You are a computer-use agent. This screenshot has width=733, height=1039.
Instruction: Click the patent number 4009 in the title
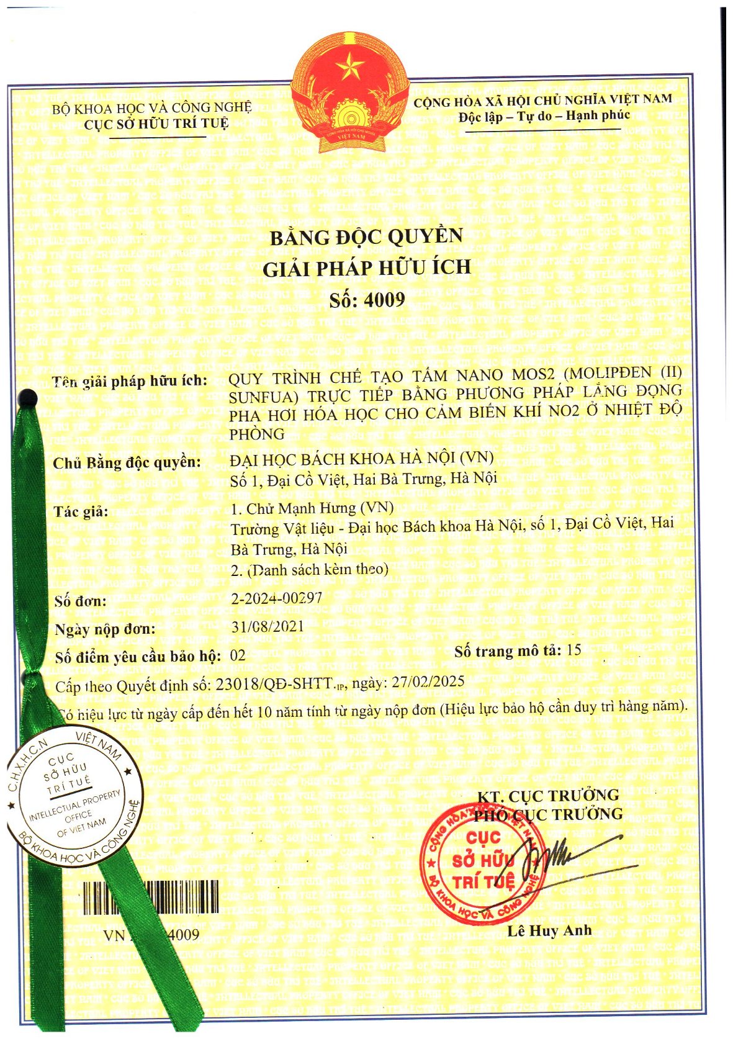[384, 300]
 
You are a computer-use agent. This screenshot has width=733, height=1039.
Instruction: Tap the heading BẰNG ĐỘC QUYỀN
[366, 237]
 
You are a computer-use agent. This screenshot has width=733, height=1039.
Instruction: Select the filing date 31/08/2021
[268, 626]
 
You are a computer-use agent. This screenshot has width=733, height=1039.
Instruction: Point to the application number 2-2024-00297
[276, 598]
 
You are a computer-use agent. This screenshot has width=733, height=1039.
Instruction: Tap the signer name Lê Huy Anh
[549, 931]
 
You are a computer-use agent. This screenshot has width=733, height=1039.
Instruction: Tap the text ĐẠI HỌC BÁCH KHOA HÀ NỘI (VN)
[361, 458]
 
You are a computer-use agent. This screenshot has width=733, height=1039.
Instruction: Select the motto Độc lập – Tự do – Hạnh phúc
[544, 115]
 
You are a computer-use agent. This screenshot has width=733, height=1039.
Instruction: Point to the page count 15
[573, 650]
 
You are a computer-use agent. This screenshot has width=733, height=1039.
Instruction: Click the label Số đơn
[80, 601]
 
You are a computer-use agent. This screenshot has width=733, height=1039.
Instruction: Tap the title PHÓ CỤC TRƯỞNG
[548, 814]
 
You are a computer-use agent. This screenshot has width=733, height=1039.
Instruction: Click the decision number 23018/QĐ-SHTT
[273, 684]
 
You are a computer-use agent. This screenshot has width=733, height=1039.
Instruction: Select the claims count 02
[238, 655]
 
